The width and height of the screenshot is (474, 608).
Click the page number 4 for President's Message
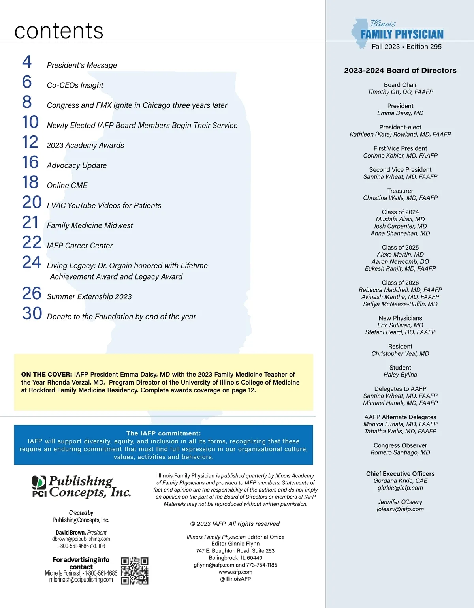pos(27,62)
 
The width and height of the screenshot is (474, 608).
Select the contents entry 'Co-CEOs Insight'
pos(75,85)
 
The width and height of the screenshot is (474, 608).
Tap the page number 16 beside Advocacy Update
pos(30,162)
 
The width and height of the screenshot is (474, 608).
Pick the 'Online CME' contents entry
pos(67,186)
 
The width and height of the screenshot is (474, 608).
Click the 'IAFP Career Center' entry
pos(80,246)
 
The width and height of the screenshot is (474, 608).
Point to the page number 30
pos(32,313)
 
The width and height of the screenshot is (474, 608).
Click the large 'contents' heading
pos(59,31)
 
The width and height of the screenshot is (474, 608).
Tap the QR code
pos(135,571)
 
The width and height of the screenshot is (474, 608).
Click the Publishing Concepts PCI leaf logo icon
pos(39,486)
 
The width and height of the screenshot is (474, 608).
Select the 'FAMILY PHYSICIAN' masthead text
pos(402,35)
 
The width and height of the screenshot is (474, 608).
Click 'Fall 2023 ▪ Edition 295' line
pos(406,47)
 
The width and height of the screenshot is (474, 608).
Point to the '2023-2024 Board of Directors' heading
pos(400,71)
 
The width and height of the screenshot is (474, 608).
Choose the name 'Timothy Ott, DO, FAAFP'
pos(400,92)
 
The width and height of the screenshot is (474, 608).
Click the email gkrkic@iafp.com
pos(400,488)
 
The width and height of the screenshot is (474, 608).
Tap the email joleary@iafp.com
pos(400,509)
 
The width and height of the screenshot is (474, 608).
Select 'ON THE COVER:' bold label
pos(47,374)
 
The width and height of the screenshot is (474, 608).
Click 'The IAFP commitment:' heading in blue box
pos(164,433)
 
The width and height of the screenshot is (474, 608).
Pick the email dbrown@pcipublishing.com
pos(81,539)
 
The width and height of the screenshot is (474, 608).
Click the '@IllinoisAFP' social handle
pos(235,579)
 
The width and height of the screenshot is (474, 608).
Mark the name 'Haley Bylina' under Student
pos(400,375)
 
